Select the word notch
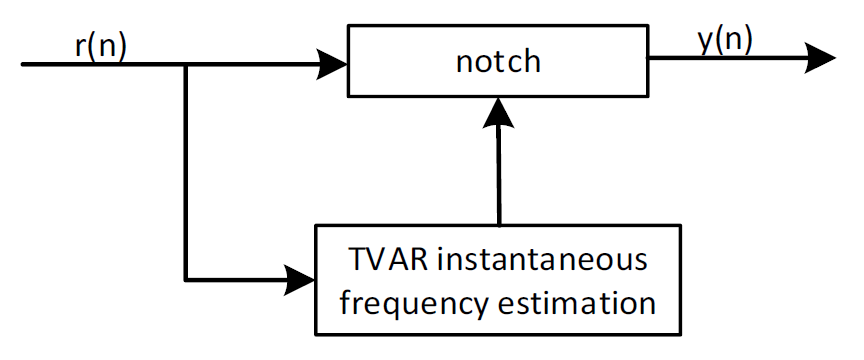click(x=497, y=61)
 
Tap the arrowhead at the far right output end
click(x=820, y=58)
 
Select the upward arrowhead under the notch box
click(x=498, y=112)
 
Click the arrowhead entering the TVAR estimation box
click(x=301, y=279)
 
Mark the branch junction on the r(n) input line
click(x=186, y=66)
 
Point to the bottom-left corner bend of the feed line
click(x=186, y=279)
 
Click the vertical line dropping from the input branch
click(x=186, y=170)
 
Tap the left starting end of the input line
click(x=24, y=66)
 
